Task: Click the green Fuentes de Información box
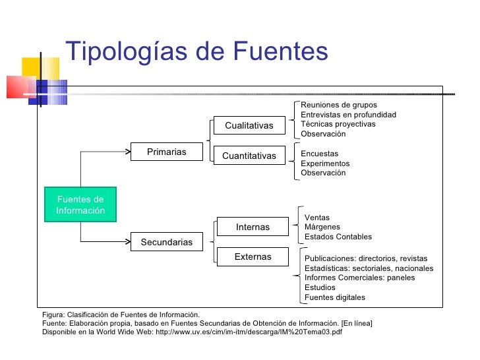point(80,204)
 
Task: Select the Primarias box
point(166,152)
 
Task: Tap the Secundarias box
point(166,242)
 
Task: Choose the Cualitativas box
point(249,125)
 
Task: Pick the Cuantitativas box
point(249,156)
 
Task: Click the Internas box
point(253,227)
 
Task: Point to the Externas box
point(253,256)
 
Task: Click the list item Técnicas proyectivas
point(338,124)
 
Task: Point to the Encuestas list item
point(319,154)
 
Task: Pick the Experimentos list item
point(325,164)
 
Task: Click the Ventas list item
point(316,218)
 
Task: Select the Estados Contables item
point(338,237)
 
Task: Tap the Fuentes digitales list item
point(334,297)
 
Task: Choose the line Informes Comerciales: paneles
point(359,278)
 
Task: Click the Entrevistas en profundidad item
point(348,115)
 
